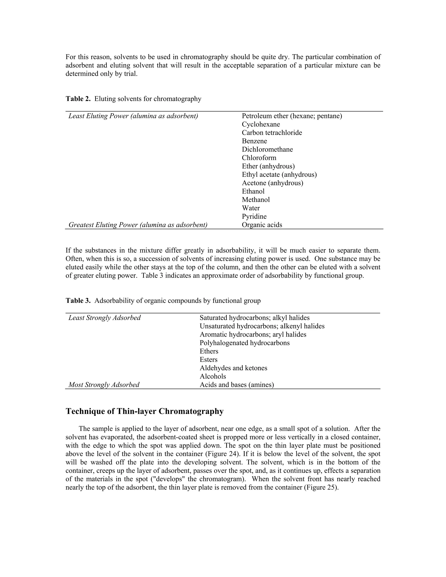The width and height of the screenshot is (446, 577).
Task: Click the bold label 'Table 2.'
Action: [78, 99]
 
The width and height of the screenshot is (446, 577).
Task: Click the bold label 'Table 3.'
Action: [78, 301]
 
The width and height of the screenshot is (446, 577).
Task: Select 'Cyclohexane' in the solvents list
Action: [261, 124]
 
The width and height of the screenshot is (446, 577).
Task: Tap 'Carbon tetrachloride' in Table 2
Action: [272, 133]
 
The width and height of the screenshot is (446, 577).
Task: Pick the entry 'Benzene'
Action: [254, 141]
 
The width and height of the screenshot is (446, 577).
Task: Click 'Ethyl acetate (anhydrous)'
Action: [279, 175]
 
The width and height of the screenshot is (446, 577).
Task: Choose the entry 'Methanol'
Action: [256, 200]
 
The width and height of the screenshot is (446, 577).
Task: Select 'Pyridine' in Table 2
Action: [254, 217]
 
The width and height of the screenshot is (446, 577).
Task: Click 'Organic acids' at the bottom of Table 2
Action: [262, 225]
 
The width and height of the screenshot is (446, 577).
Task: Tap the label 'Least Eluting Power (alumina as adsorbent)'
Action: [133, 116]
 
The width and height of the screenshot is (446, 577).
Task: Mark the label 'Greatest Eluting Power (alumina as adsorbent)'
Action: [138, 225]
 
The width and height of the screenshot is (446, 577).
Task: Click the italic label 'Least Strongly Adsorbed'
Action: [105, 318]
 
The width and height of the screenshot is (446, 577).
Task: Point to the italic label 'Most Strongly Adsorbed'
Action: [104, 385]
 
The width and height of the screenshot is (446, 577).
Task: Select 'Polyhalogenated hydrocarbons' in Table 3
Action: [244, 343]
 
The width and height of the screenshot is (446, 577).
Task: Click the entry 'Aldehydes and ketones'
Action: [233, 368]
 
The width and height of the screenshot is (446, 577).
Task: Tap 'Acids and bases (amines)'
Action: [237, 385]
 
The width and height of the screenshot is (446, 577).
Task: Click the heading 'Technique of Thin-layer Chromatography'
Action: [145, 411]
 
